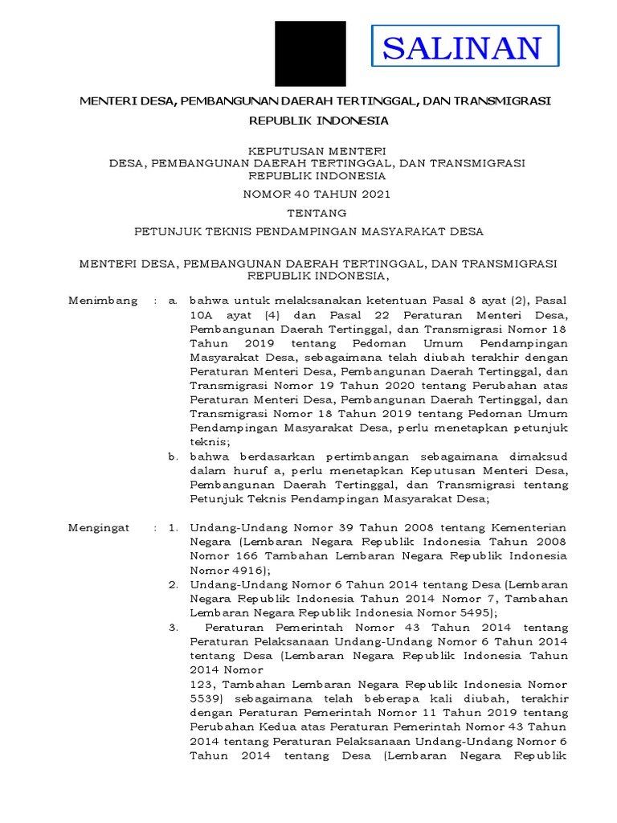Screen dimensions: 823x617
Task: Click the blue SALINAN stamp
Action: (x=464, y=47)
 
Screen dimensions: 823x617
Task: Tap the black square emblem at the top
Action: (x=311, y=53)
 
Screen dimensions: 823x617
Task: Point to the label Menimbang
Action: (x=103, y=300)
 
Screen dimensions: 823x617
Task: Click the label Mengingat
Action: (x=102, y=527)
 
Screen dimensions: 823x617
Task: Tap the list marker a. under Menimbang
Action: (x=172, y=300)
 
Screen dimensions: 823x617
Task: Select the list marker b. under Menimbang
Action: (x=172, y=456)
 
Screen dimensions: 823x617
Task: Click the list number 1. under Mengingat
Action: (x=172, y=527)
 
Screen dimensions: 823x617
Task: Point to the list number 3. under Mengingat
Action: (x=172, y=627)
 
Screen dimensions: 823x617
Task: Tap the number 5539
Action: (x=206, y=698)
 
